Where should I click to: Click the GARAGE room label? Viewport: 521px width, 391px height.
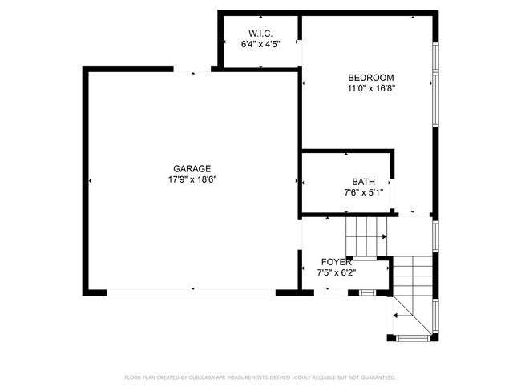192,168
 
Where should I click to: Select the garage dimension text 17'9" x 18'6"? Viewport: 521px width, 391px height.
192,179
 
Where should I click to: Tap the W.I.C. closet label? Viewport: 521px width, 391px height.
260,33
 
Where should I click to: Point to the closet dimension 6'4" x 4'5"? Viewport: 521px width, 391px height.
260,45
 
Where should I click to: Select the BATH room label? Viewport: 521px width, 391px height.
363,182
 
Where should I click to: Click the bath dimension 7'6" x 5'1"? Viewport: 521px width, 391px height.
363,192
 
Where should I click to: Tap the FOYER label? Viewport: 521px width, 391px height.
336,262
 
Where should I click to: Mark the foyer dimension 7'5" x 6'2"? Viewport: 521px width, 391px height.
336,273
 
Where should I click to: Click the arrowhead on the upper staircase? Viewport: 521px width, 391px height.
385,237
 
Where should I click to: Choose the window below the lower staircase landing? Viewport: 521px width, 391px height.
414,337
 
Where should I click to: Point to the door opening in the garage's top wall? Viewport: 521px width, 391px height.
192,70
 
